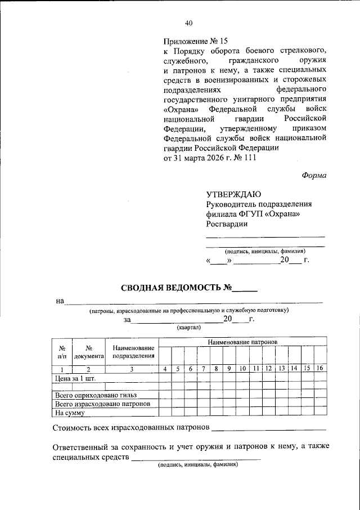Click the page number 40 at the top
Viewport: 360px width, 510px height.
click(x=188, y=23)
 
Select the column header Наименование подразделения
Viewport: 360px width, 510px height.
click(x=133, y=352)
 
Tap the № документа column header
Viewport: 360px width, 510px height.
click(x=89, y=352)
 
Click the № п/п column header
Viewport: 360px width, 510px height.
click(x=62, y=352)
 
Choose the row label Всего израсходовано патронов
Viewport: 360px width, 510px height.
click(x=102, y=404)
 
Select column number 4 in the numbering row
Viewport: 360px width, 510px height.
click(x=165, y=369)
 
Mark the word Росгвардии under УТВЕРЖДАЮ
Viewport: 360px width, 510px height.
click(x=227, y=223)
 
